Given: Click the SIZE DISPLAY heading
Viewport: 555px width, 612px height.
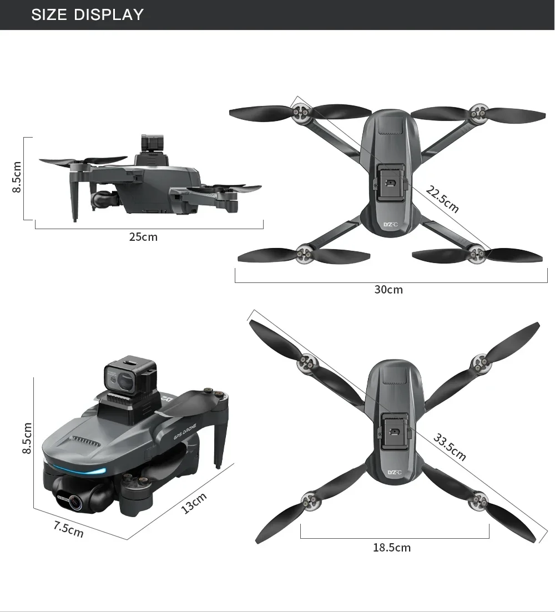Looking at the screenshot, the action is pyautogui.click(x=87, y=14).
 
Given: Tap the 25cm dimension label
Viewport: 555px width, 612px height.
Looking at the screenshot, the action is pyautogui.click(x=143, y=237).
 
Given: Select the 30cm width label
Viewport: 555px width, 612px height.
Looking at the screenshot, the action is pyautogui.click(x=389, y=290).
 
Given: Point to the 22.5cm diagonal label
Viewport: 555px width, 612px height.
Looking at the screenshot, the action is pyautogui.click(x=442, y=200).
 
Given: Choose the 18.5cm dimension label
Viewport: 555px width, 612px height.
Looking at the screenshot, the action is pyautogui.click(x=392, y=548).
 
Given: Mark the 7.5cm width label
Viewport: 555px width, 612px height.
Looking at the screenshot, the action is pyautogui.click(x=68, y=529).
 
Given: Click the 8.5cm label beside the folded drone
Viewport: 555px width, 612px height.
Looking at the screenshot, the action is pyautogui.click(x=27, y=438).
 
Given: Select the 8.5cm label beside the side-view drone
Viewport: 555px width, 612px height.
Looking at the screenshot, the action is pyautogui.click(x=17, y=177).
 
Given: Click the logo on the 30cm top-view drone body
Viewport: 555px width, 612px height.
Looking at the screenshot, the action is pyautogui.click(x=391, y=225).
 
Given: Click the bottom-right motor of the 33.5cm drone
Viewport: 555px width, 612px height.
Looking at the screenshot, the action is pyautogui.click(x=478, y=502).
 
